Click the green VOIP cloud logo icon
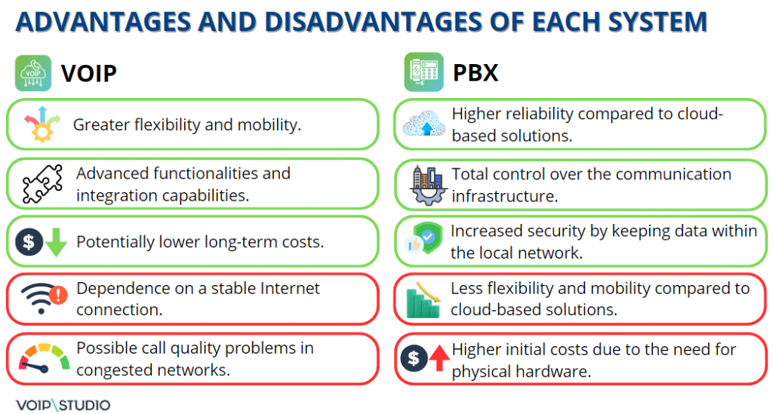33,73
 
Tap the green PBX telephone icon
423,72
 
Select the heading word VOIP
89,73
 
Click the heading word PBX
476,73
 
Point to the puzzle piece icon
43,184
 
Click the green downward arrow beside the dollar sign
56,242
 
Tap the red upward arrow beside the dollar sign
439,358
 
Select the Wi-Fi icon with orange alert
44,298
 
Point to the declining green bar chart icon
423,299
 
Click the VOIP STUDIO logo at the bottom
63,405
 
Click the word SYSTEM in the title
658,22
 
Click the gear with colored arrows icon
42,124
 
